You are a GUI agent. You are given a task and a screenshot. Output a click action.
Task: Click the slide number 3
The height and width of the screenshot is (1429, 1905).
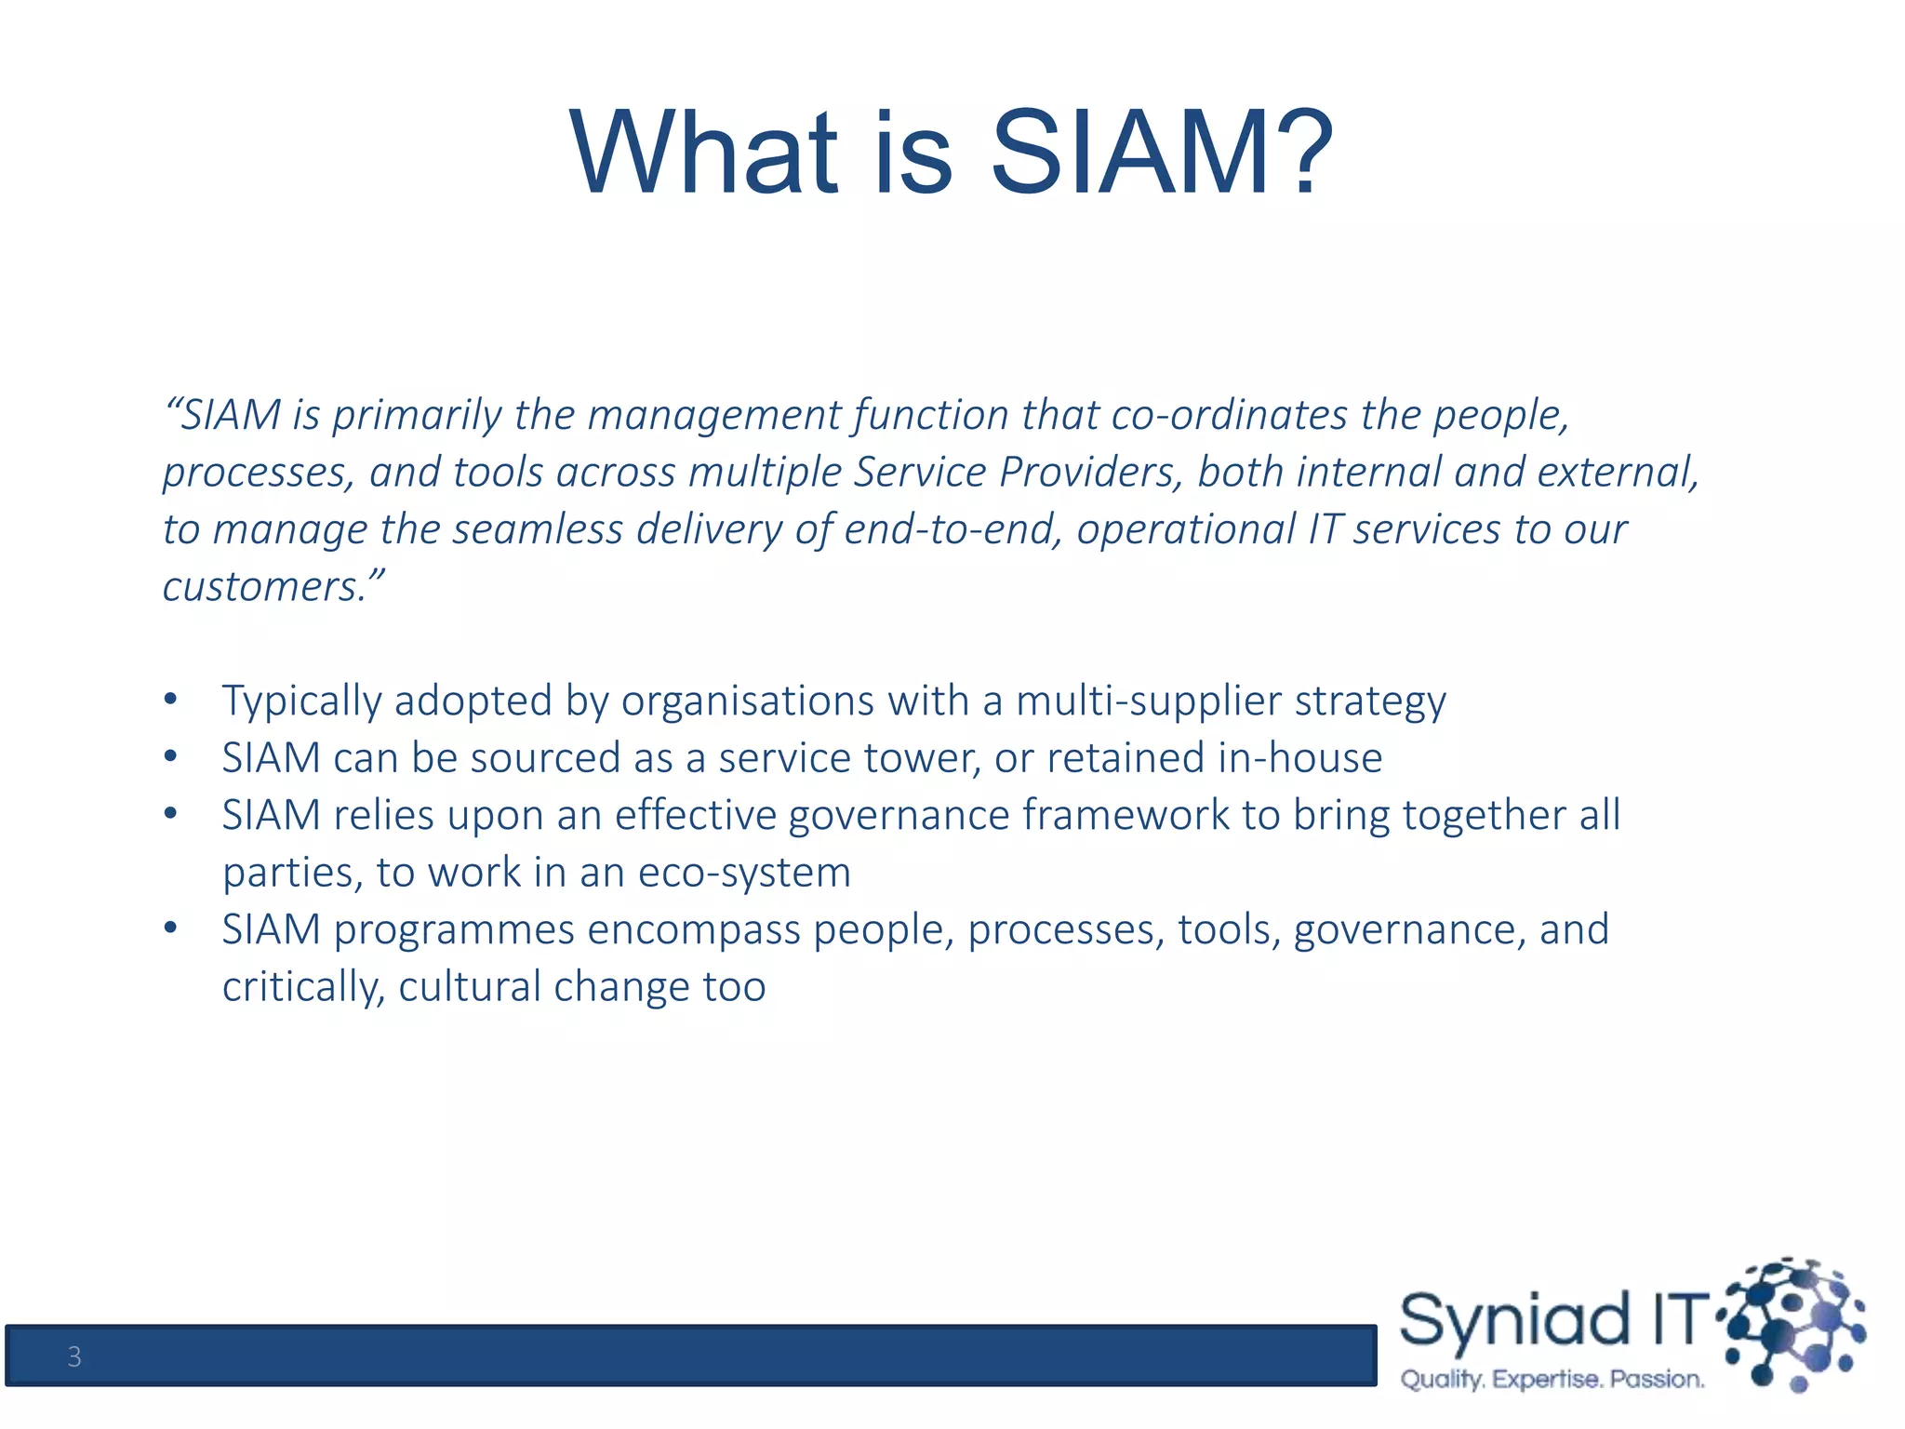coord(74,1357)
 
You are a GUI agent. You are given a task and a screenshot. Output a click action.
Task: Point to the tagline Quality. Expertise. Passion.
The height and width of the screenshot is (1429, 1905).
coord(1552,1379)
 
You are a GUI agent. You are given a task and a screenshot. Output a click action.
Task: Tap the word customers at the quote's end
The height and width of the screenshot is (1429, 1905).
coord(264,587)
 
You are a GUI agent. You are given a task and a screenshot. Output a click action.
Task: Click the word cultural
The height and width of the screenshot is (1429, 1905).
coord(470,987)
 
